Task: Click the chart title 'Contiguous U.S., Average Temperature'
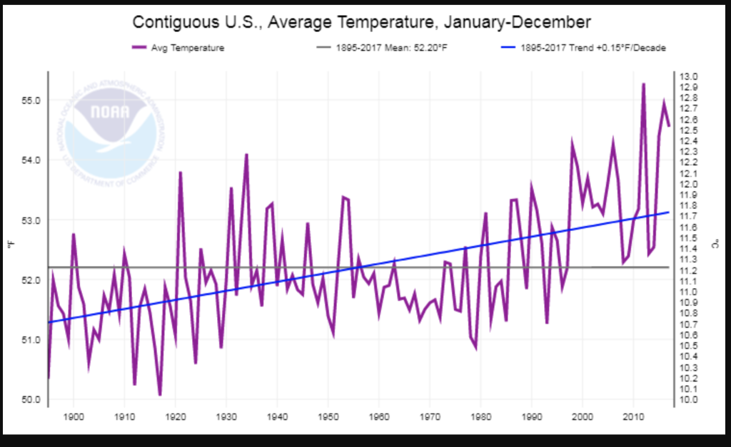[x=362, y=21]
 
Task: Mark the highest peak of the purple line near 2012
[x=643, y=84]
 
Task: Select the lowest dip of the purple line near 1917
[x=160, y=394]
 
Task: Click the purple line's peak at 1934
[x=246, y=154]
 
